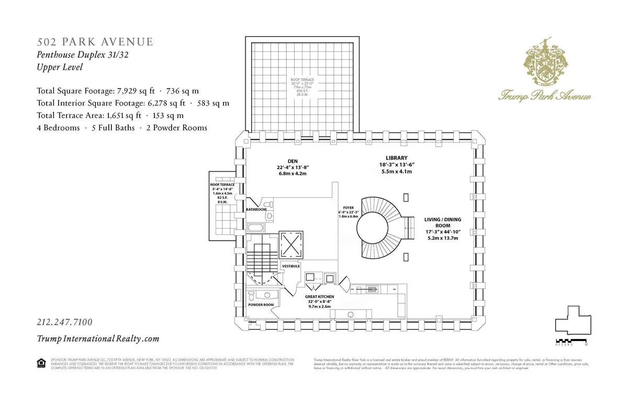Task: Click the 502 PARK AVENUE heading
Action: pos(95,42)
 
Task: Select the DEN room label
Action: pos(292,161)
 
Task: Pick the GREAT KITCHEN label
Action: pos(320,296)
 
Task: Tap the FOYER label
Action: pos(349,207)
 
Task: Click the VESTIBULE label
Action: pos(291,266)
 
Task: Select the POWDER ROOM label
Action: pos(261,304)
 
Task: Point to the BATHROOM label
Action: pos(256,210)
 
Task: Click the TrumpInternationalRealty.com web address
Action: pos(98,339)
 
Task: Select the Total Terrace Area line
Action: pos(110,116)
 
